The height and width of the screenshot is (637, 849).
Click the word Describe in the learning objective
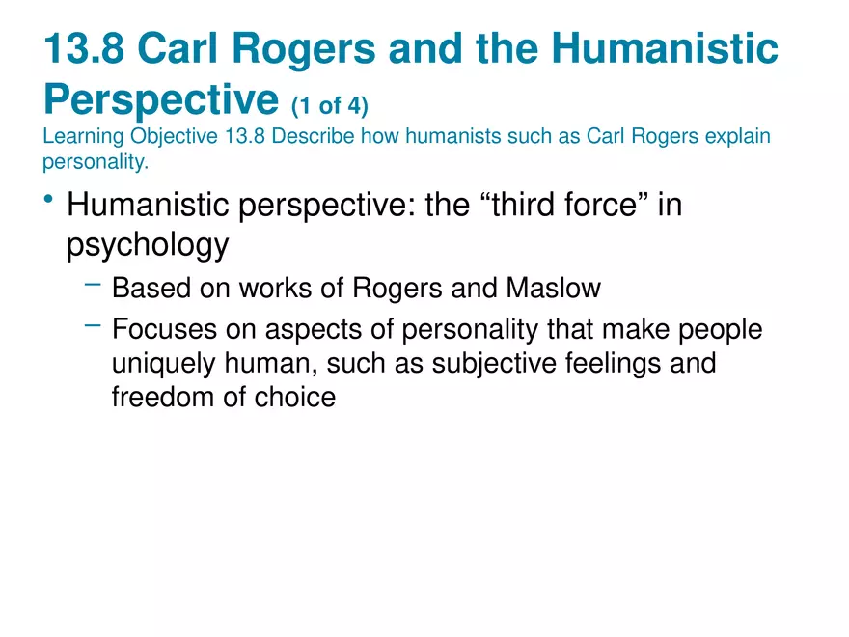[315, 135]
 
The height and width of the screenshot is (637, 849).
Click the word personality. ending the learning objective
[95, 161]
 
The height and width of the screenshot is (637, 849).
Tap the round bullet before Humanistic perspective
[49, 200]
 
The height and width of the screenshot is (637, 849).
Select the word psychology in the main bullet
[147, 245]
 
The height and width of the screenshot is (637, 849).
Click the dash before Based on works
[93, 283]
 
